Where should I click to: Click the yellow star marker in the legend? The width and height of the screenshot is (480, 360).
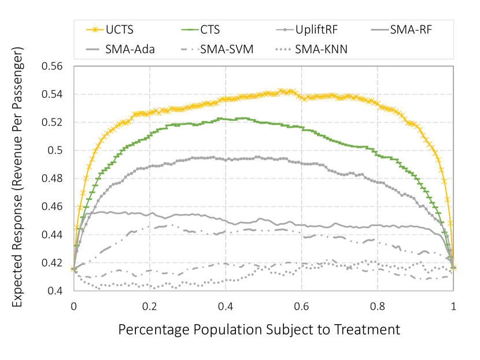(95, 29)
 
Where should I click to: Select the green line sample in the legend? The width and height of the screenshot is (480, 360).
(190, 29)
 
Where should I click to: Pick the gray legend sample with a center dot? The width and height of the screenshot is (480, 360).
(285, 29)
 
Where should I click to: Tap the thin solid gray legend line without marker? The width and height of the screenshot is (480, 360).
(379, 29)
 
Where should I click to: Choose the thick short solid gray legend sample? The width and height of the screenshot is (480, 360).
(93, 49)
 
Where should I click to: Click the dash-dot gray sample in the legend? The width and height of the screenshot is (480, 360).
(190, 49)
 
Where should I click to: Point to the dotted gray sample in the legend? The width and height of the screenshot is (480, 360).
(283, 49)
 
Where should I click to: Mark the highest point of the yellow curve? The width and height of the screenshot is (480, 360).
(282, 91)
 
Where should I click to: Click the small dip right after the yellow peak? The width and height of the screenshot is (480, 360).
(301, 98)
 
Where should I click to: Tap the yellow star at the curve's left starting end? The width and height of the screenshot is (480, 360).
(73, 268)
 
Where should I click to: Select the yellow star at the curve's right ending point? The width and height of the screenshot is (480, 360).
(453, 268)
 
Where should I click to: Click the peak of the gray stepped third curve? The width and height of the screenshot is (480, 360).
(208, 157)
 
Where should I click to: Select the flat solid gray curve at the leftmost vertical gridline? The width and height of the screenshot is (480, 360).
(150, 214)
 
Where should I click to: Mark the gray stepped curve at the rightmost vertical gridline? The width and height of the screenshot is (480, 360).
(378, 181)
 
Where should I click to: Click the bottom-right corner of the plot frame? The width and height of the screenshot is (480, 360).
(453, 291)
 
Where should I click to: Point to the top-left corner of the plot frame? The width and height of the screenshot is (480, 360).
(74, 66)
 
